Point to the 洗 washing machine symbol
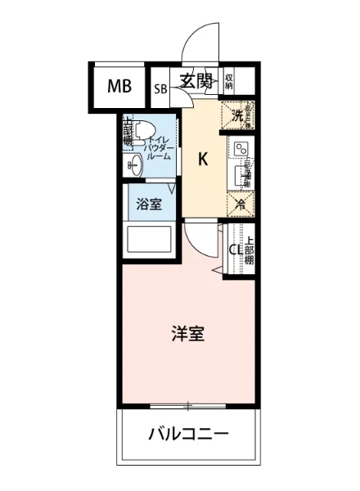point(238,115)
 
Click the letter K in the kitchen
point(202,160)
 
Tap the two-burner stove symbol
point(241,149)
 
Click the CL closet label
point(233,250)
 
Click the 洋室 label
point(187,334)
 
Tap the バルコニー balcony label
point(187,434)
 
